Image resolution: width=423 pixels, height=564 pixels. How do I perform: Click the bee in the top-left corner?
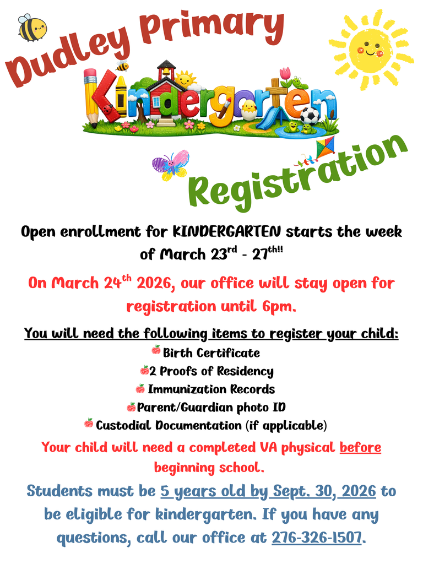pos(32,28)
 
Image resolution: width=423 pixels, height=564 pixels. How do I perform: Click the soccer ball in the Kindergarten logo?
pos(310,116)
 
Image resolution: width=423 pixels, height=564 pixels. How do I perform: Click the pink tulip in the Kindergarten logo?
pos(285,74)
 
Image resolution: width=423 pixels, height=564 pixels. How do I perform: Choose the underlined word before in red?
pos(360,447)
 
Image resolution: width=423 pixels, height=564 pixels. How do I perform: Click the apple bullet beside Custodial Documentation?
pos(89,423)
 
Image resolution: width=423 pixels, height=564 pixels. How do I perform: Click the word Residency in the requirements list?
pos(245,371)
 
